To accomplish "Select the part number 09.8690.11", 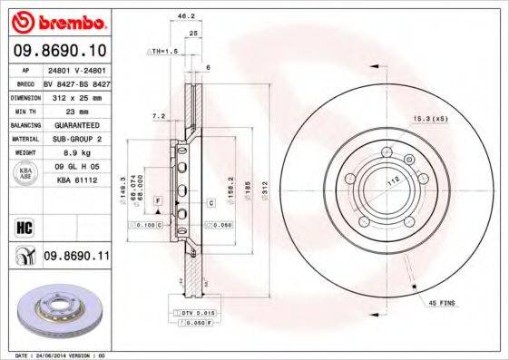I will (76, 257).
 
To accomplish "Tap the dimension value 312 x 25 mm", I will (75, 95).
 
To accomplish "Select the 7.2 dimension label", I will (158, 116).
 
